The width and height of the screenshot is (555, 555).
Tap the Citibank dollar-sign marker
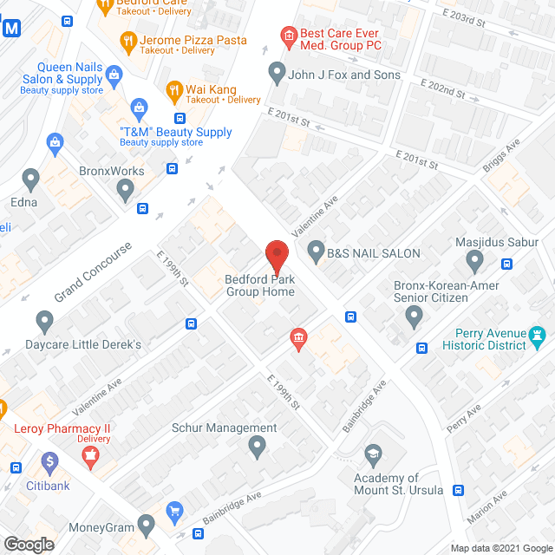[49, 461]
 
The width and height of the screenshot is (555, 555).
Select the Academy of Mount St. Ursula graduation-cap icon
[373, 454]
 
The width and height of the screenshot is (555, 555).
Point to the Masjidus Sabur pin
[474, 259]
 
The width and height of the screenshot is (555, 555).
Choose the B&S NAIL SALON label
[373, 254]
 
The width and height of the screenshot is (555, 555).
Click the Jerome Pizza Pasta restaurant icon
[127, 39]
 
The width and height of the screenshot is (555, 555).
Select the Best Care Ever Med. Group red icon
[287, 35]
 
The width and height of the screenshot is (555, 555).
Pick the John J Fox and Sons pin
[277, 73]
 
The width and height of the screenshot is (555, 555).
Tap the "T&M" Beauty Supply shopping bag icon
[139, 108]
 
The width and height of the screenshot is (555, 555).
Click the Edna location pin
[32, 180]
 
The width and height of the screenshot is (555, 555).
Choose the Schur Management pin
[257, 447]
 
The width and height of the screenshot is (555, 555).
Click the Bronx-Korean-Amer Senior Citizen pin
[414, 318]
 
